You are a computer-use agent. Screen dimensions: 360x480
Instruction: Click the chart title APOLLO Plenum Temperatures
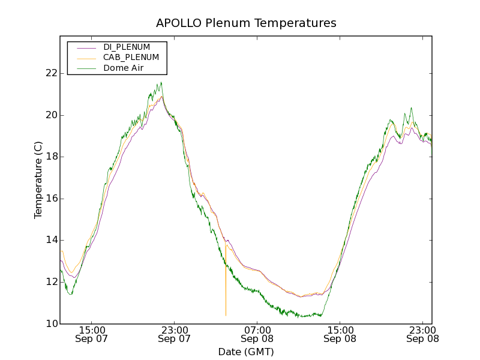[246, 23]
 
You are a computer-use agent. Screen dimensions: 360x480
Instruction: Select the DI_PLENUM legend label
[127, 47]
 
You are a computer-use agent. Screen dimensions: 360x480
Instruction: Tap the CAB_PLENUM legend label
[131, 57]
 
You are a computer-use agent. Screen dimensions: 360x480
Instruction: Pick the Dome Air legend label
[123, 68]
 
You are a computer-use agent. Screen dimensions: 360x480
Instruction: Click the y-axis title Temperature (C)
[38, 180]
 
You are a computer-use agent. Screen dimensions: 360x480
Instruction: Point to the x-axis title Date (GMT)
[246, 351]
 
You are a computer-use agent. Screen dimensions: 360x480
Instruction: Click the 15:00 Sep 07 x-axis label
[92, 334]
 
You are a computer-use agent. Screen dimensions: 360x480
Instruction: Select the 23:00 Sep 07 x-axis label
[175, 334]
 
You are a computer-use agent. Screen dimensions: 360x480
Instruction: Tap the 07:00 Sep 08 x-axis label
[257, 334]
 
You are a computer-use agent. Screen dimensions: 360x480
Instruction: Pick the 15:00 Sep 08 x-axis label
[340, 334]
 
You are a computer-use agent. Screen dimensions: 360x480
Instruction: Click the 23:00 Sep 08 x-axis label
[423, 334]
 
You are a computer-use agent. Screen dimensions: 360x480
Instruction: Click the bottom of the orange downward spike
[226, 316]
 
